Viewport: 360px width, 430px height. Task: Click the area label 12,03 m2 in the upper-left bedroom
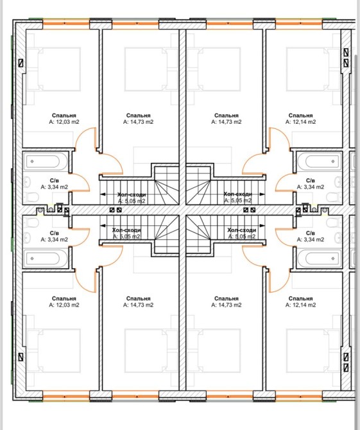64,122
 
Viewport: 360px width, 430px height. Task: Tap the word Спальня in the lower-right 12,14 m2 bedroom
300,298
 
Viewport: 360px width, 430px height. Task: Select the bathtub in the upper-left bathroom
46,162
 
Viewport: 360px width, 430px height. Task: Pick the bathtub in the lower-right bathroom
319,259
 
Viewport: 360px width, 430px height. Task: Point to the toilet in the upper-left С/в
31,197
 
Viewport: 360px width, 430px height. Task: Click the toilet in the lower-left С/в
31,223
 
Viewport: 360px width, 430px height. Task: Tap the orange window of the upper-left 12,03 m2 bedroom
66,23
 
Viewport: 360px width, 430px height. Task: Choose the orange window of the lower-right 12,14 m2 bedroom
298,397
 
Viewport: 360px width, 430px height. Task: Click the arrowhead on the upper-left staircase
103,194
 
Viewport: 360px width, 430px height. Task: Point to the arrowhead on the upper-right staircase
262,194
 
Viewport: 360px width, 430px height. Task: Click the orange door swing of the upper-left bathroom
80,182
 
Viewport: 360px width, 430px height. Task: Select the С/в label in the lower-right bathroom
311,233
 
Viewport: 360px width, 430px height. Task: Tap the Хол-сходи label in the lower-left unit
126,230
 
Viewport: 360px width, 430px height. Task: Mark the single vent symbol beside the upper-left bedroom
21,63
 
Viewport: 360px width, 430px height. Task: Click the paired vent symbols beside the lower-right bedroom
346,362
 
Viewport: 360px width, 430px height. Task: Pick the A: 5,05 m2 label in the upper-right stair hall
237,200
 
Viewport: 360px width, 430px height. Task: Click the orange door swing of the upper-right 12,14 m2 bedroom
279,138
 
